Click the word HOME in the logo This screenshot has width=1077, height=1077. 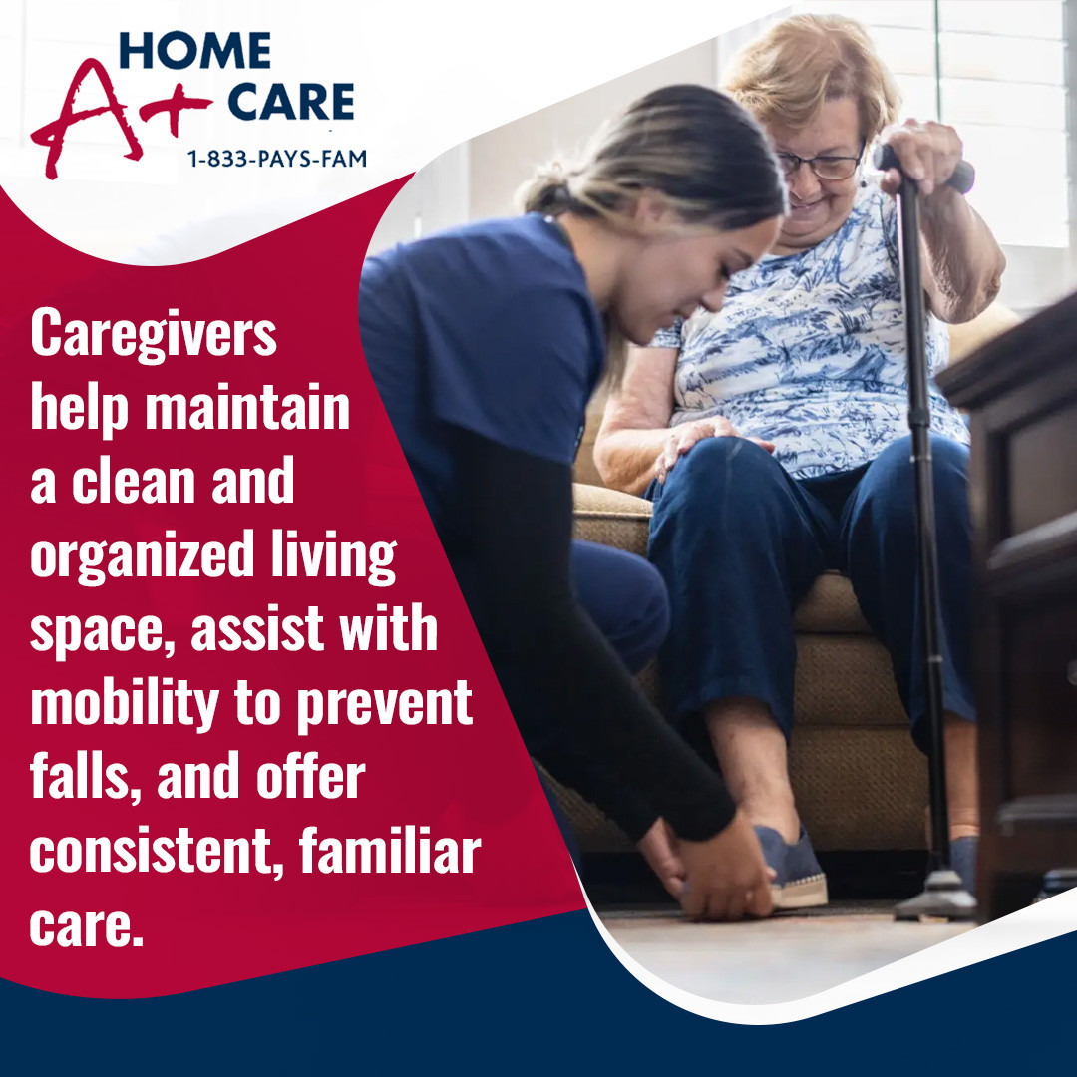click(x=195, y=50)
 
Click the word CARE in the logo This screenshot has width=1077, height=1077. click(x=290, y=102)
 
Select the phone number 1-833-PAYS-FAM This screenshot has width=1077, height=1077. click(x=277, y=159)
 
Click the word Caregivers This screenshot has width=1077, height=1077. click(x=154, y=335)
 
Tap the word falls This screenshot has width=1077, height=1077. click(x=86, y=777)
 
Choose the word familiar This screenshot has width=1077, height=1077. click(x=390, y=851)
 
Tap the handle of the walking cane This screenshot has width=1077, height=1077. click(x=923, y=168)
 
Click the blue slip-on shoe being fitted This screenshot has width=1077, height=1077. click(x=791, y=867)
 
